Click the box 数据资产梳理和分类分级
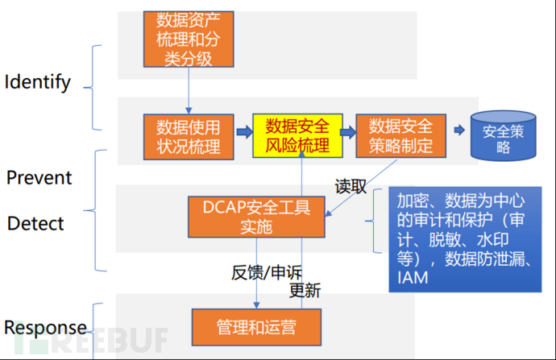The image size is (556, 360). (x=189, y=39)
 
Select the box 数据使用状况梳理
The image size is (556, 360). (x=189, y=137)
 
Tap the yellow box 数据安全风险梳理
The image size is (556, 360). (x=297, y=136)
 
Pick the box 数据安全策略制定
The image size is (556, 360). (x=401, y=136)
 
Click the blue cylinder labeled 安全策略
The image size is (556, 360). (x=503, y=136)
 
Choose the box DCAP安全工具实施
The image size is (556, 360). (x=256, y=217)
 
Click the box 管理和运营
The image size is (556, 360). (x=256, y=327)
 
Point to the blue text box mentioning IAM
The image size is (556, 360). (x=465, y=239)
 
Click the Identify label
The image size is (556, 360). (x=38, y=83)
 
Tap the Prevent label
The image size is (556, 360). (x=39, y=177)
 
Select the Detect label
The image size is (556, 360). (x=35, y=224)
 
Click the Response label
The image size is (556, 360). (x=45, y=328)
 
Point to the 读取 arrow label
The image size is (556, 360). (x=351, y=186)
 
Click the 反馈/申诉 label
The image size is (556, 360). (x=267, y=272)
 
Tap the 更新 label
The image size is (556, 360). (x=305, y=291)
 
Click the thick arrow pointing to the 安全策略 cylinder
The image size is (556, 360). (x=459, y=130)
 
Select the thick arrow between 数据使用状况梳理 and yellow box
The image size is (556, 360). (x=245, y=132)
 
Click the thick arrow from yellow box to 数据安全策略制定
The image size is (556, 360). (x=348, y=132)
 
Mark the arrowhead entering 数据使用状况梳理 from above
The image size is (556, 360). (x=189, y=111)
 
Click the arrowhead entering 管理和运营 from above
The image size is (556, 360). (x=256, y=305)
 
